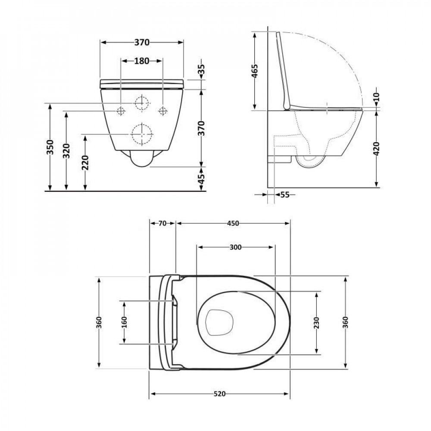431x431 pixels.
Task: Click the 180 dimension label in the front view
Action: [141, 61]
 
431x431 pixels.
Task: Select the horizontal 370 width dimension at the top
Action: [141, 42]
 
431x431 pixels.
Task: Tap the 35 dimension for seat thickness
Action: [201, 69]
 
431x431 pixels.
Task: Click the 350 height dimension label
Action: [50, 147]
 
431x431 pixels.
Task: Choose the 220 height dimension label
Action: [85, 162]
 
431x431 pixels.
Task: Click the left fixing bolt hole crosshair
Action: [121, 111]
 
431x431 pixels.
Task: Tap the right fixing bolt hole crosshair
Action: [162, 111]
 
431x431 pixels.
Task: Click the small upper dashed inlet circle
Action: [141, 103]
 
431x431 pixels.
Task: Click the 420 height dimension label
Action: [378, 148]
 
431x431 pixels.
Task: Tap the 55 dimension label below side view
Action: [285, 195]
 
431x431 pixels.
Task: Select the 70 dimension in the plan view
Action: [162, 223]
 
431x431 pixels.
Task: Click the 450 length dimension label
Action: [233, 223]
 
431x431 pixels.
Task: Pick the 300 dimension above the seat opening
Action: [235, 247]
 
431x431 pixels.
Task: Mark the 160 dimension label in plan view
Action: [124, 322]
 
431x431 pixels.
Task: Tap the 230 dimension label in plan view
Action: [317, 322]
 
